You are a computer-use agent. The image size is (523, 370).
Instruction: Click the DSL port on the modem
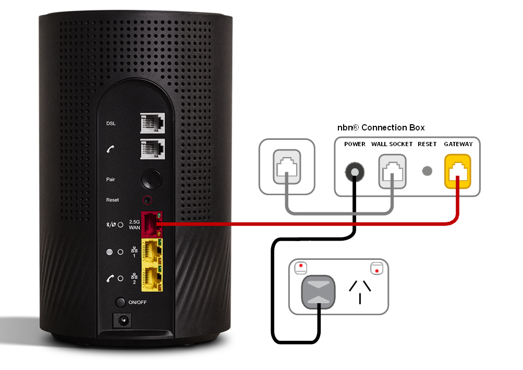(152, 124)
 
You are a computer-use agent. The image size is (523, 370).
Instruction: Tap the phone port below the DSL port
(152, 149)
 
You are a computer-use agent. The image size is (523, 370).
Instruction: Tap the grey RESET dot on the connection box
(427, 171)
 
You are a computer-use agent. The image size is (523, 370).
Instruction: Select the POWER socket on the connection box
(355, 171)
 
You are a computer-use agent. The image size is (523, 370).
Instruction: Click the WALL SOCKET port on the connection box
(392, 171)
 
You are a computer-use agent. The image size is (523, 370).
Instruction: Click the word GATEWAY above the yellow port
(458, 144)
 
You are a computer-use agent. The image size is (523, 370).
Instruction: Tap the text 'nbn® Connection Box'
(382, 128)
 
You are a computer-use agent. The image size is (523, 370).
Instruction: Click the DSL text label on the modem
(111, 124)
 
